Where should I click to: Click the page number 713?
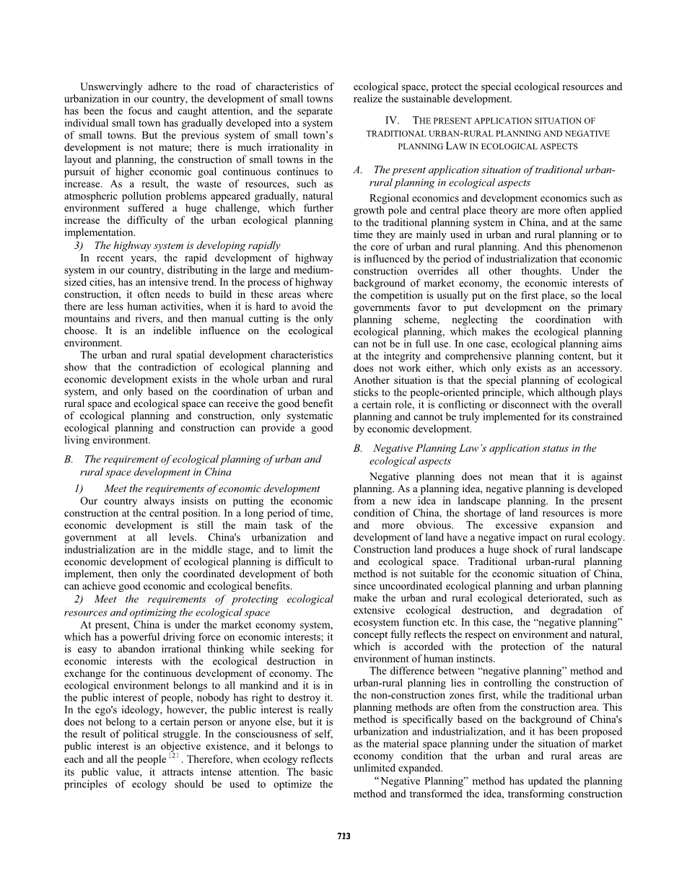[x=343, y=836]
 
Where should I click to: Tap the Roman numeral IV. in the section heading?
[x=395, y=121]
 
